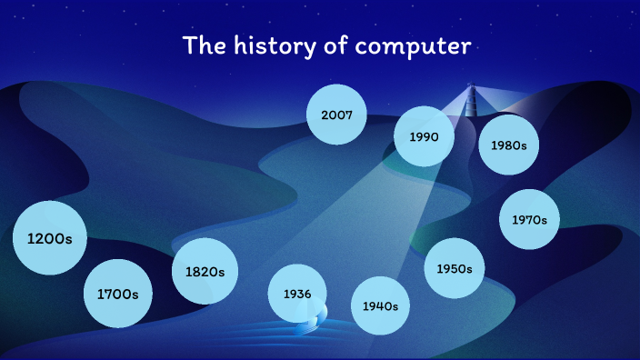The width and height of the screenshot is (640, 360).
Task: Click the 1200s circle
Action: [x=49, y=239]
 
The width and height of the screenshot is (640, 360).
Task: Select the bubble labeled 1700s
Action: [x=117, y=294]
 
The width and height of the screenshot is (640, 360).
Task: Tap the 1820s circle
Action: [x=205, y=271]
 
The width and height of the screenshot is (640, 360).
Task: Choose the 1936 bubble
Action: [x=297, y=294]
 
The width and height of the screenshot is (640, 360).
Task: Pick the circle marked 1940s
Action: [x=380, y=305]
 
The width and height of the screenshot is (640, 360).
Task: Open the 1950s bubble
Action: [x=454, y=268]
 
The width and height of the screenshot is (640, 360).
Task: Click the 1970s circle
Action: [x=529, y=219]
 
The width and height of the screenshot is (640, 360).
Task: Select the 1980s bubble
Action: [x=508, y=145]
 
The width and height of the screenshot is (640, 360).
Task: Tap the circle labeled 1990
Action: [x=424, y=136]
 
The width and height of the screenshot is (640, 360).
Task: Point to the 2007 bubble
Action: [x=336, y=115]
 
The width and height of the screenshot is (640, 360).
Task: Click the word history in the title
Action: [x=254, y=45]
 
